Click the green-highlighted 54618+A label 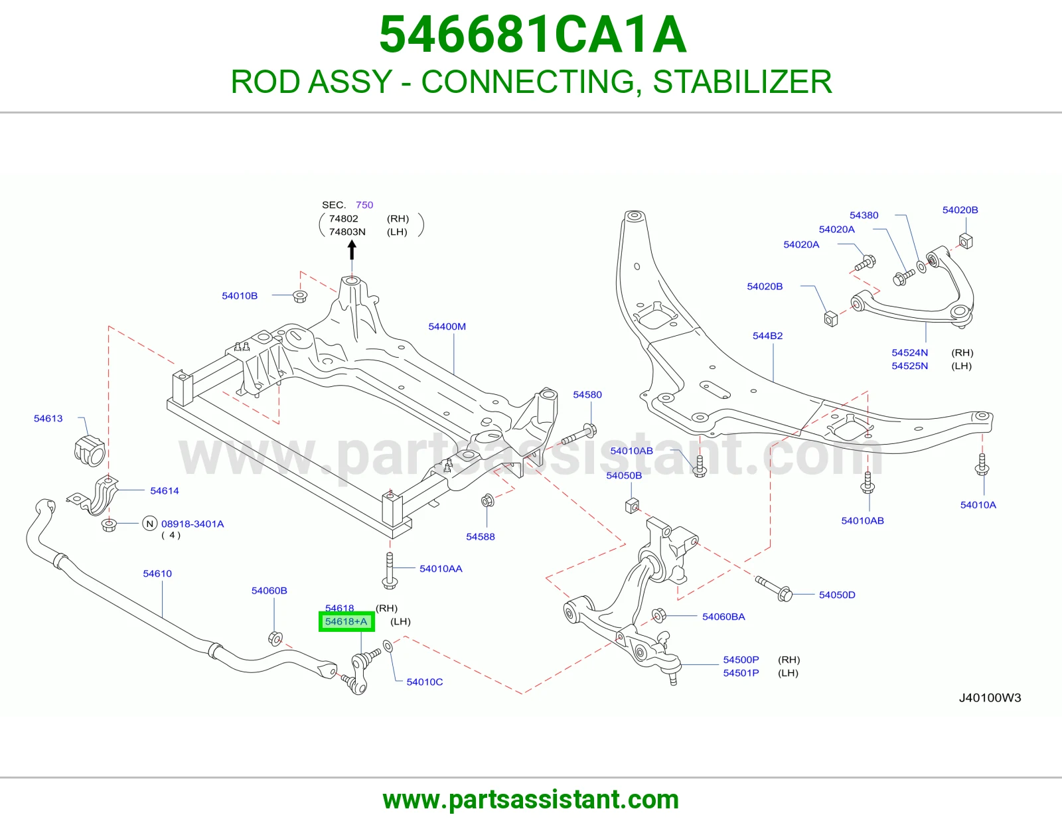click(x=346, y=622)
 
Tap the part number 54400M click(x=447, y=327)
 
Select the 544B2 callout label click(x=767, y=336)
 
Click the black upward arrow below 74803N click(x=352, y=251)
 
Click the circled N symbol click(x=149, y=524)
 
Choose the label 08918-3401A click(x=192, y=524)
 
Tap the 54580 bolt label click(x=587, y=394)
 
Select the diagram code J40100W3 click(x=990, y=698)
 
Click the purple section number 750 click(x=364, y=205)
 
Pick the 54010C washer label click(x=424, y=682)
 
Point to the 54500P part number click(x=741, y=660)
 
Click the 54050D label click(x=837, y=595)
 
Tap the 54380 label click(x=864, y=215)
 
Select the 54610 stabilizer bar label click(x=157, y=573)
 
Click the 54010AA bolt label click(x=440, y=568)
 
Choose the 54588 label click(x=480, y=537)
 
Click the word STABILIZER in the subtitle click(x=742, y=82)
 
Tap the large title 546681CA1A click(x=533, y=35)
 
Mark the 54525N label click(x=909, y=366)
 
